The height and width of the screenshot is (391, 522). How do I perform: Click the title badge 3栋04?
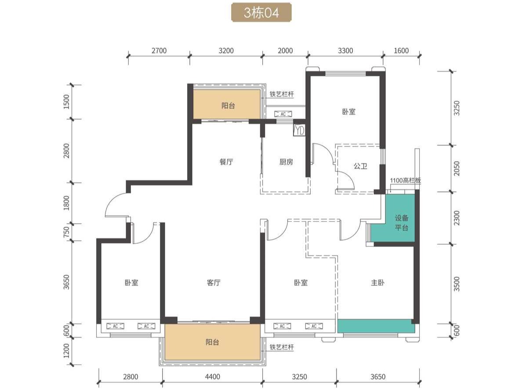tap(261, 13)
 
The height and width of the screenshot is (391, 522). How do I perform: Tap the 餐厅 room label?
tap(226, 162)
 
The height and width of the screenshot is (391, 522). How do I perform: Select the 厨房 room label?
tap(286, 162)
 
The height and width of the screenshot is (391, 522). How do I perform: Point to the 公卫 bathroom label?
tap(361, 166)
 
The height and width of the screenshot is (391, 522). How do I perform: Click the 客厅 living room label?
tap(214, 283)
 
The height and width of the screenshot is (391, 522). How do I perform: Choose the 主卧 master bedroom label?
tap(378, 283)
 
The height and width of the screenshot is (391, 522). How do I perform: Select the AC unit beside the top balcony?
tap(283, 114)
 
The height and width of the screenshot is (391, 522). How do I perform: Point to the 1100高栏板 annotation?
tap(406, 181)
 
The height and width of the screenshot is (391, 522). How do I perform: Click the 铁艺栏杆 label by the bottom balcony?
tap(282, 347)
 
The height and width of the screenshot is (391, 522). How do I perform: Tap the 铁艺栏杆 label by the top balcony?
tap(282, 94)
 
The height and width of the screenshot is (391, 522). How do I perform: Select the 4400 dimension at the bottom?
tap(212, 377)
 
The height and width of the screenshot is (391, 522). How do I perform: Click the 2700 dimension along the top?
tap(159, 51)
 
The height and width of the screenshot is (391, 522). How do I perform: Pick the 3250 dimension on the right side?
tap(457, 108)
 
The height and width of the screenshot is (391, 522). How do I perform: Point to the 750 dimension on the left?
tap(67, 232)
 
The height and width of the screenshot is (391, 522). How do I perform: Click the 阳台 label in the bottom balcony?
tap(212, 342)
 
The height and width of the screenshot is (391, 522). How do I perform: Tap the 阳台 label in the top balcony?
tap(228, 106)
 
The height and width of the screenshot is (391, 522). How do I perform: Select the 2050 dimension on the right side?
tap(457, 168)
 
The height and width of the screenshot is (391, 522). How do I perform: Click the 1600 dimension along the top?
tap(401, 51)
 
